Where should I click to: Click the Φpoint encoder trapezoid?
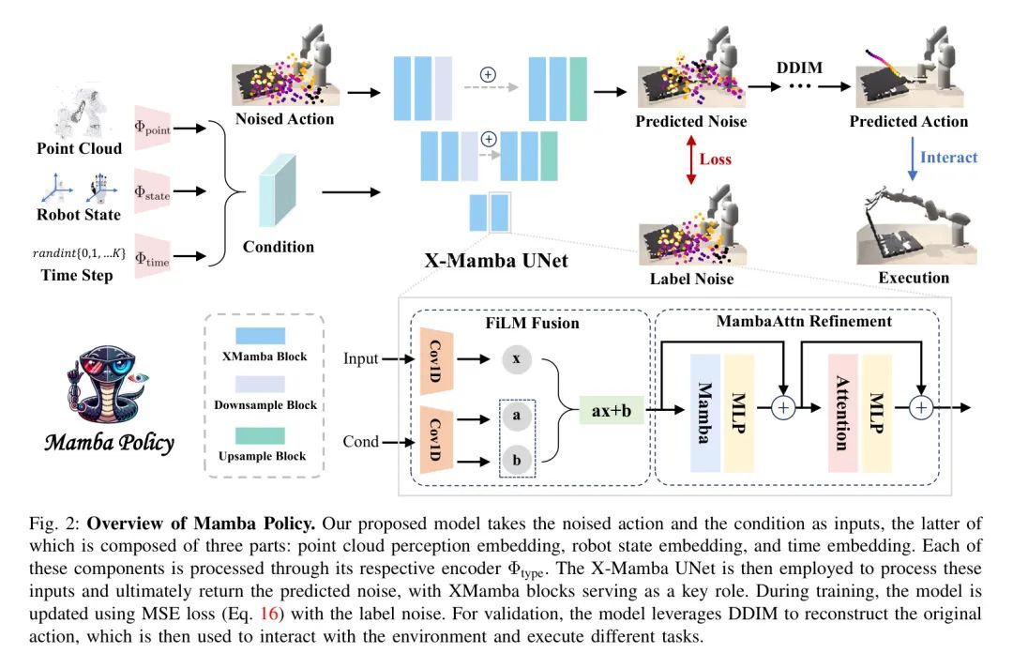[x=152, y=129]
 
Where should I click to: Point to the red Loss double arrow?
[x=691, y=159]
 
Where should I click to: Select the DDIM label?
[x=799, y=68]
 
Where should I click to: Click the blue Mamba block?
[x=705, y=413]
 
